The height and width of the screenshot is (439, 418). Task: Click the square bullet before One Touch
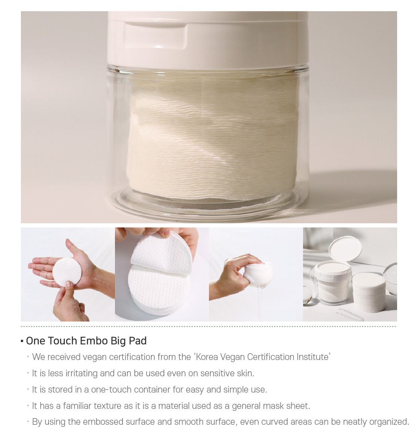pos(22,341)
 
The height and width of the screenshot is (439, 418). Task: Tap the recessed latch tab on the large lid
pos(155,36)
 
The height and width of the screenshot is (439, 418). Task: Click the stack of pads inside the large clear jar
pos(212,138)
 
